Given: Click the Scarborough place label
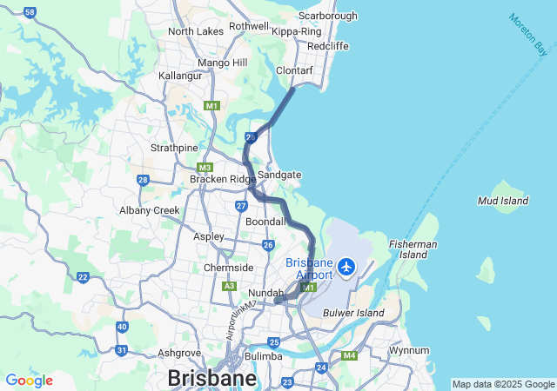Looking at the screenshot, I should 327,16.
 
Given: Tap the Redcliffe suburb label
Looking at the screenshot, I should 327,45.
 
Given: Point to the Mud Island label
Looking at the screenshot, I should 503,201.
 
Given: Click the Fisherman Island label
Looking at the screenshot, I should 413,249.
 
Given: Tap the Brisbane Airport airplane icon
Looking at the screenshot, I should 347,267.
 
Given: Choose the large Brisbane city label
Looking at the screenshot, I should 211,379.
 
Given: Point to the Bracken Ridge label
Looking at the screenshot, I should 223,179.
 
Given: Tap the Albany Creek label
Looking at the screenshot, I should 150,210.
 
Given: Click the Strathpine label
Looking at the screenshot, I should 174,148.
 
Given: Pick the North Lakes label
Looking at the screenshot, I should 196,31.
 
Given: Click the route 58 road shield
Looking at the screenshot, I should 30,12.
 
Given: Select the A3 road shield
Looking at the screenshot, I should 230,285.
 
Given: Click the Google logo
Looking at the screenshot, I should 29,381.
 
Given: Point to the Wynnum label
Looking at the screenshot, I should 409,351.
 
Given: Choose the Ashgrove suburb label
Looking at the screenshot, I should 179,354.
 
